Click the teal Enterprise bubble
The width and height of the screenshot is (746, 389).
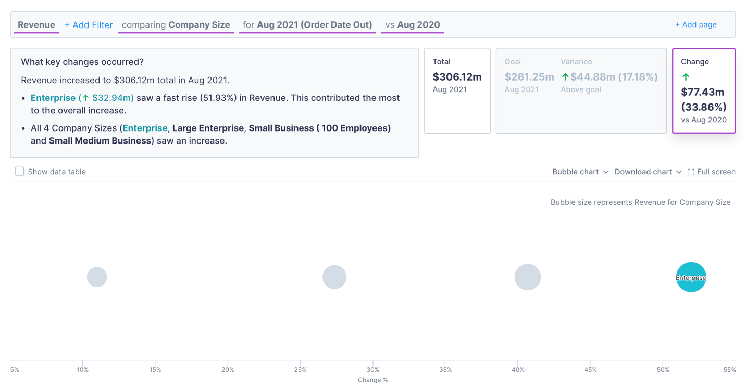pyautogui.click(x=691, y=277)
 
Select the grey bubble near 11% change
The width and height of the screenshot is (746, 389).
pyautogui.click(x=97, y=277)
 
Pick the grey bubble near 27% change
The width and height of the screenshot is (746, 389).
pyautogui.click(x=334, y=277)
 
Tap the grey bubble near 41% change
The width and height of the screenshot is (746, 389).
pyautogui.click(x=528, y=277)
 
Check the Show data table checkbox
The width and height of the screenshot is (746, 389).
pyautogui.click(x=20, y=172)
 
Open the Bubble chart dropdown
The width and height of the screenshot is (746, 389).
pyautogui.click(x=580, y=172)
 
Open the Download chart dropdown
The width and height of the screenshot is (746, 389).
pyautogui.click(x=648, y=172)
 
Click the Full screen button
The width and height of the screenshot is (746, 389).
pyautogui.click(x=711, y=172)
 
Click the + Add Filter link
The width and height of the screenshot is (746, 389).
pyautogui.click(x=89, y=25)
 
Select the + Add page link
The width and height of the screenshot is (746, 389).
pyautogui.click(x=695, y=24)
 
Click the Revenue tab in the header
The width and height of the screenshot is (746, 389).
pyautogui.click(x=36, y=25)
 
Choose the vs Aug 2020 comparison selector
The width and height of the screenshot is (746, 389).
pyautogui.click(x=413, y=25)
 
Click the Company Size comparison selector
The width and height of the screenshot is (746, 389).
pyautogui.click(x=176, y=25)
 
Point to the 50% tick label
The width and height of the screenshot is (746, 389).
pyautogui.click(x=663, y=370)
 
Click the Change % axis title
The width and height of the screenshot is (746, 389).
pyautogui.click(x=372, y=380)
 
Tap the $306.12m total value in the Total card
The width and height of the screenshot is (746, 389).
pyautogui.click(x=457, y=77)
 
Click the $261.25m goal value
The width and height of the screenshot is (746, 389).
pyautogui.click(x=529, y=77)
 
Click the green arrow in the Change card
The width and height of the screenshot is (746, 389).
pyautogui.click(x=686, y=77)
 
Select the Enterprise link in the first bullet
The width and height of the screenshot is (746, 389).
pyautogui.click(x=53, y=98)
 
